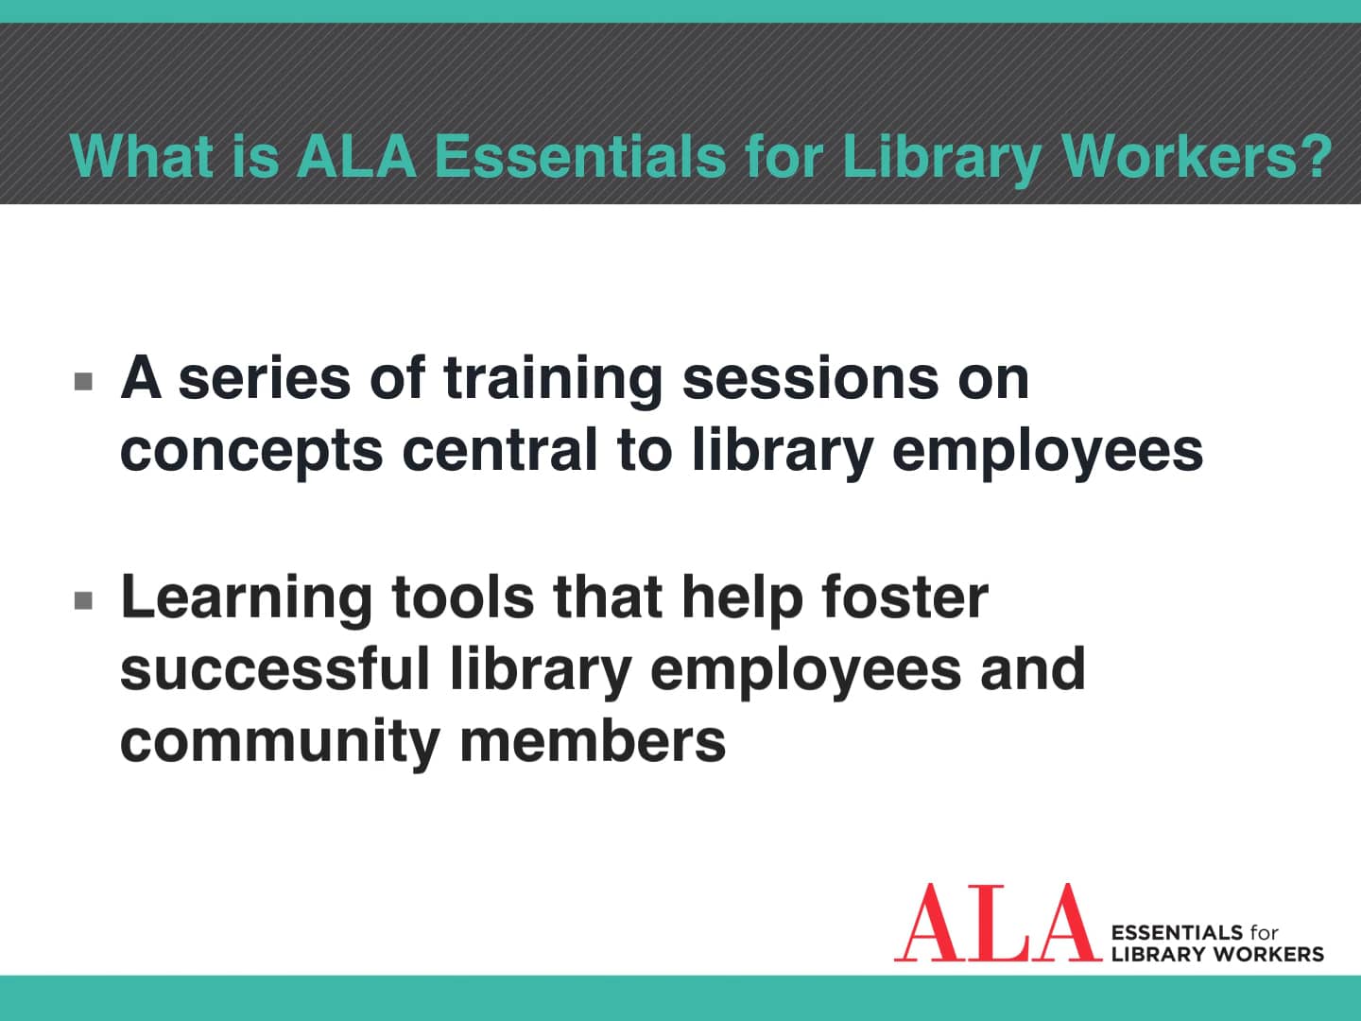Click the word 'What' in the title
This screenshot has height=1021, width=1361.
(x=141, y=156)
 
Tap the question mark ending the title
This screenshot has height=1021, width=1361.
(x=1315, y=156)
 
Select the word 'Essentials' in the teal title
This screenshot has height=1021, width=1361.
(x=579, y=156)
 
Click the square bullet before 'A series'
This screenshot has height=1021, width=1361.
(x=84, y=382)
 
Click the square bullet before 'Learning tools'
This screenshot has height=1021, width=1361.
(x=84, y=600)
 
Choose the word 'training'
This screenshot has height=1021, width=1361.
(x=553, y=380)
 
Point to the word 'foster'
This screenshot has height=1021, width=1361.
(x=904, y=597)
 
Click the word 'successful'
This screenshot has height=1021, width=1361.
(x=275, y=668)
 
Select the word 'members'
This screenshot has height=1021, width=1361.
(x=593, y=740)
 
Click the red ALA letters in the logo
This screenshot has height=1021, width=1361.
(x=991, y=924)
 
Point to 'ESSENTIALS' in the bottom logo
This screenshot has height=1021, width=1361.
(x=1176, y=933)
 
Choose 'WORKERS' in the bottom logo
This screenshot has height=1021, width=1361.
(x=1268, y=955)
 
